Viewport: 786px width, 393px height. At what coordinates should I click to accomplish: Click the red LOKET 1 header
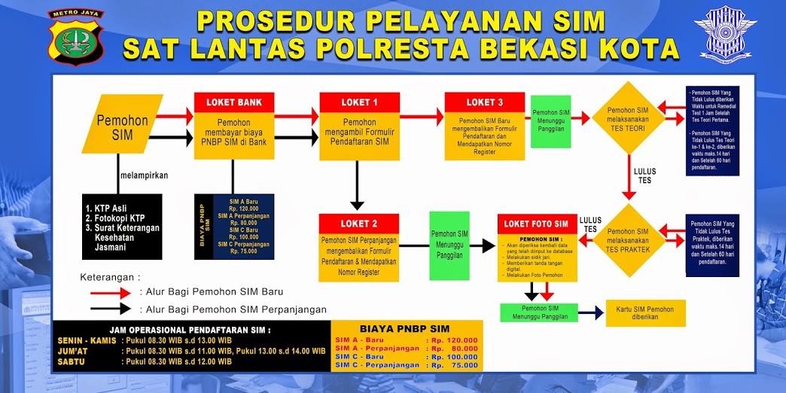[359, 102]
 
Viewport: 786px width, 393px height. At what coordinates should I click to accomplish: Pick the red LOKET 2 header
[359, 224]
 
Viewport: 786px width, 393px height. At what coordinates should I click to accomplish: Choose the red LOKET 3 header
[485, 102]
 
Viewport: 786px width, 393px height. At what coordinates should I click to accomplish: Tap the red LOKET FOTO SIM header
[537, 224]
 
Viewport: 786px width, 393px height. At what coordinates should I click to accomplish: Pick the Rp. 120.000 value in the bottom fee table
[455, 340]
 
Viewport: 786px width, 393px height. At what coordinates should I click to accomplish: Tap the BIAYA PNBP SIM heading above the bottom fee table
[407, 328]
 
